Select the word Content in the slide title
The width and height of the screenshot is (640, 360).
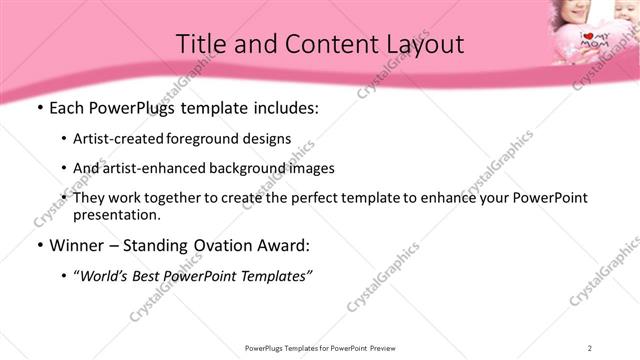[x=318, y=44]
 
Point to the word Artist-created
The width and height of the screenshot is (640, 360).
[x=123, y=139]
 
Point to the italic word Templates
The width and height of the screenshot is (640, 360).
[x=276, y=276]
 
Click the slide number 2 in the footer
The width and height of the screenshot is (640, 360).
[x=590, y=347]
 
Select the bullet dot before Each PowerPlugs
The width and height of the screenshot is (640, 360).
[x=38, y=109]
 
